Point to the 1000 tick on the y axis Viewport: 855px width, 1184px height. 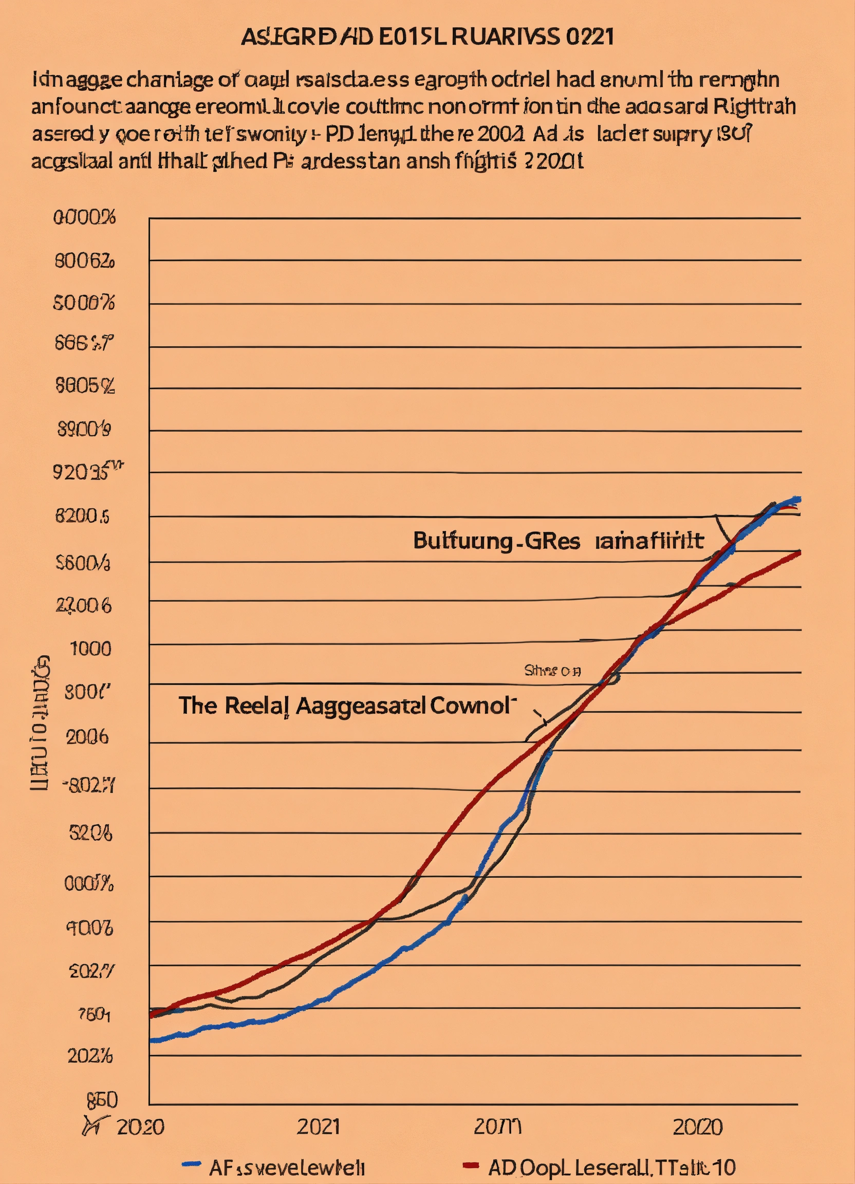(x=91, y=649)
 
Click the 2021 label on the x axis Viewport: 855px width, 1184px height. (x=318, y=1127)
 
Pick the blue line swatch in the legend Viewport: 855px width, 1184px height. (x=191, y=1164)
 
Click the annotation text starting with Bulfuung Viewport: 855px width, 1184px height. (x=558, y=541)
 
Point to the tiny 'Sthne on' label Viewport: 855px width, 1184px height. (x=552, y=671)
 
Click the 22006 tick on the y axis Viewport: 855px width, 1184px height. (x=84, y=605)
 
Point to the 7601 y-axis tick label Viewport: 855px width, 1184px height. (x=94, y=1015)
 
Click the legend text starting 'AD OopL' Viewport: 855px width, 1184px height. (x=611, y=1165)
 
